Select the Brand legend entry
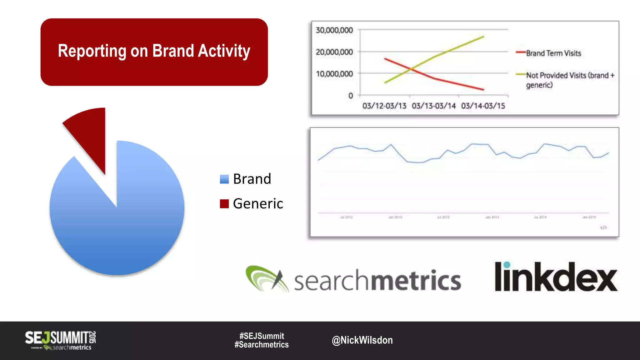click(x=246, y=179)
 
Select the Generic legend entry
click(x=252, y=204)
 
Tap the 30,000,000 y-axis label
click(x=334, y=30)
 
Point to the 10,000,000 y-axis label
click(x=334, y=74)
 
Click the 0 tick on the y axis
click(x=351, y=96)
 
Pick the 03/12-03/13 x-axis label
click(x=384, y=106)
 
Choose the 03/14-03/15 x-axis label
click(x=483, y=106)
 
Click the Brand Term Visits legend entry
click(x=553, y=53)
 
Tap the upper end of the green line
click(x=483, y=37)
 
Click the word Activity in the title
click(x=224, y=51)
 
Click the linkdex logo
click(x=556, y=277)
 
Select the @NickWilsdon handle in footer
click(x=362, y=340)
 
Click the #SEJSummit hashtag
click(x=262, y=336)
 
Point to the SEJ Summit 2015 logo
click(x=60, y=340)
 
